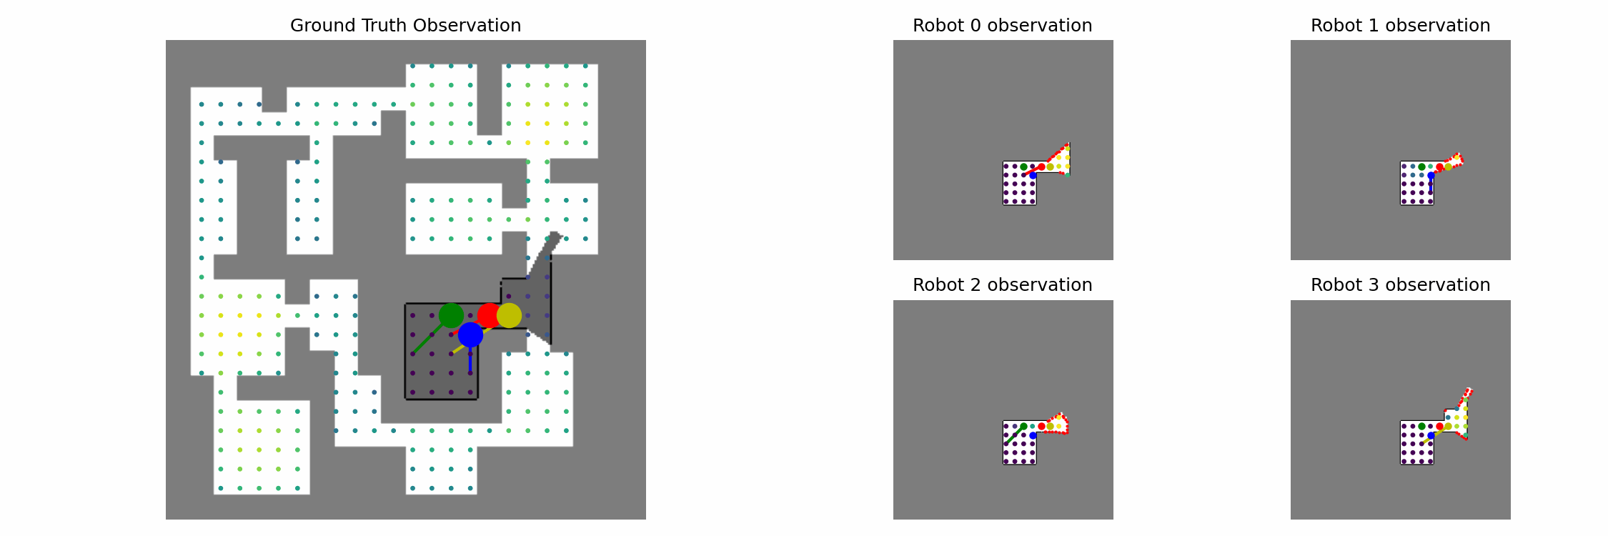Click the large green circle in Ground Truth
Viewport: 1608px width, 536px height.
click(451, 315)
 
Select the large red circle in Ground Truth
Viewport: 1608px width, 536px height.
click(490, 315)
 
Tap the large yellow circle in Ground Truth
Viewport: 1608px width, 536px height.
click(509, 315)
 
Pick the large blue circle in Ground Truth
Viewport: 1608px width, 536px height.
click(470, 334)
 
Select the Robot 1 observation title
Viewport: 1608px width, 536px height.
click(1400, 26)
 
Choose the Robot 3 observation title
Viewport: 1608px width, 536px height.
click(1400, 285)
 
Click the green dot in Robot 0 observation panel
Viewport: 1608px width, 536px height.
click(1023, 167)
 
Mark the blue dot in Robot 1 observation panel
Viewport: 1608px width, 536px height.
click(1431, 175)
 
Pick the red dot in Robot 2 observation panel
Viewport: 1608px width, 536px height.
click(1041, 426)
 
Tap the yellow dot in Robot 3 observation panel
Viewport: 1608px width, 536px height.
click(1448, 426)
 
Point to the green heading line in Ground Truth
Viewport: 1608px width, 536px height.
click(427, 338)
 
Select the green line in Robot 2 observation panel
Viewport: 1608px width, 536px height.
click(1013, 435)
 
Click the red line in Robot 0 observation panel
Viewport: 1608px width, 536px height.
click(1031, 171)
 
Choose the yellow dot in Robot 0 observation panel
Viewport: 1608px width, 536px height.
click(1050, 167)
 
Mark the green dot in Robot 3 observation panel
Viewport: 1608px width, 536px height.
click(1421, 426)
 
